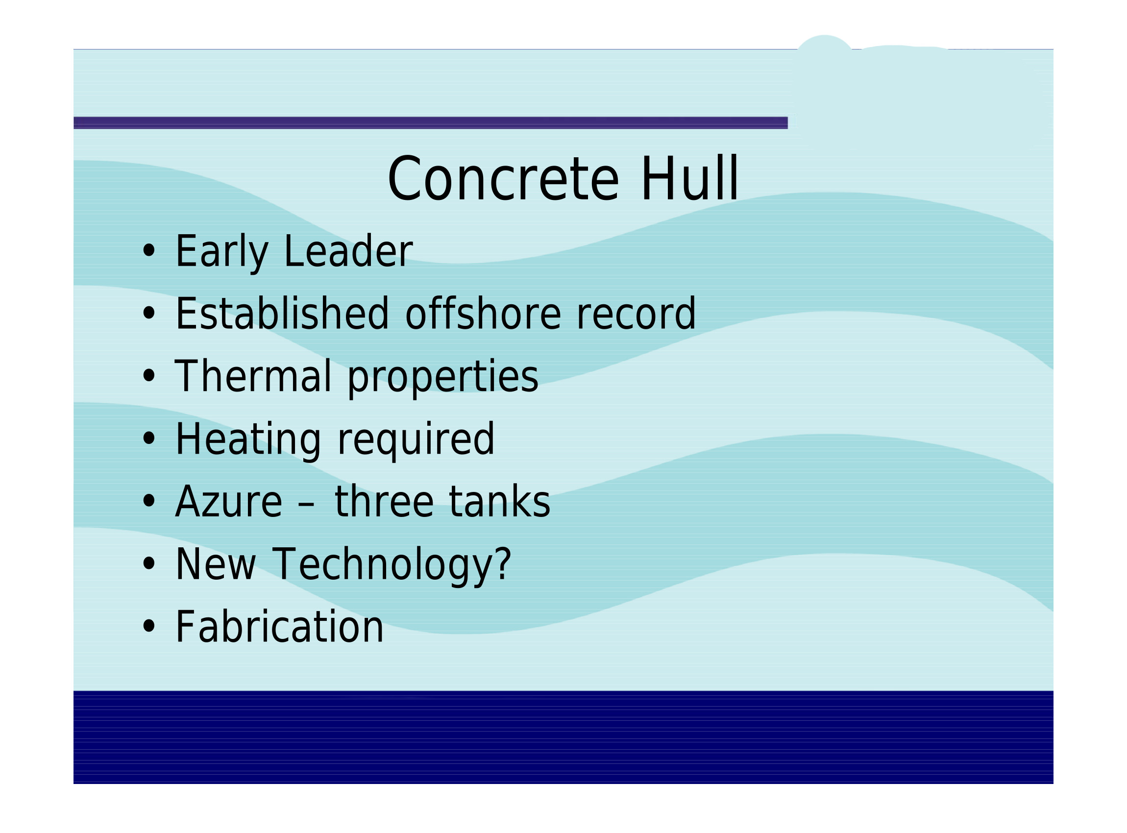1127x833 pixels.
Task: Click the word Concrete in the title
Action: point(503,179)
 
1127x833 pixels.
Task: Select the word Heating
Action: point(248,440)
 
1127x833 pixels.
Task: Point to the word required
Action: point(416,440)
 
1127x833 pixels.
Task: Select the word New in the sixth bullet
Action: point(215,564)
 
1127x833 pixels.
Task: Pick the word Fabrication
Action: point(279,627)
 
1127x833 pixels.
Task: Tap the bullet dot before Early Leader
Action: point(149,251)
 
